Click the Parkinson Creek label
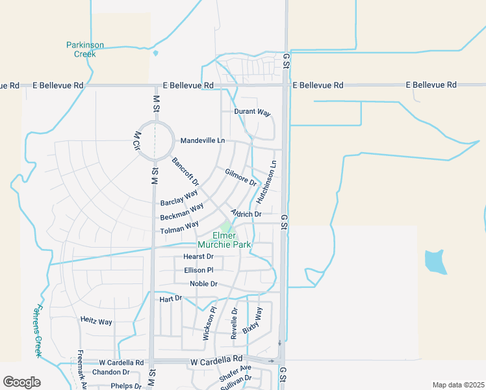tap(85, 49)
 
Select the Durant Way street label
tap(252, 112)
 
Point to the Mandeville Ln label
tap(203, 140)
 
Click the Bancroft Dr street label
tap(185, 172)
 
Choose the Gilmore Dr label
tap(241, 177)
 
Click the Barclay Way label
tap(179, 198)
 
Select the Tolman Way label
tap(179, 227)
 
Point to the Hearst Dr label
tap(198, 257)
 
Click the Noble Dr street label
tap(203, 284)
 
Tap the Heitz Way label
tap(96, 321)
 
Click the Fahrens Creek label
tap(38, 331)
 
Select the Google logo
tap(21, 382)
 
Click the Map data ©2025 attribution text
tap(459, 385)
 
